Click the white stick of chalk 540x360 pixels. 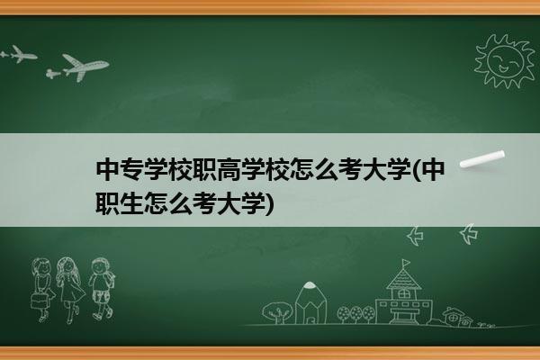point(481,159)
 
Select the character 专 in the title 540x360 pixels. point(132,170)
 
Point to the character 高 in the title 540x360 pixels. point(229,170)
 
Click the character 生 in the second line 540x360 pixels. point(132,203)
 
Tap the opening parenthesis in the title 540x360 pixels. point(417,170)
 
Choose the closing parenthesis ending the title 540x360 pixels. point(271,203)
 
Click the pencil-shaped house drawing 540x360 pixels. point(311,302)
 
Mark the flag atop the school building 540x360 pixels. point(406,263)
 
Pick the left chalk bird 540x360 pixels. point(415,236)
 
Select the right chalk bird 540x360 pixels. point(469,234)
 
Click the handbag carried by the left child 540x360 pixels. point(39,301)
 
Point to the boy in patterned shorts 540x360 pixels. point(101,288)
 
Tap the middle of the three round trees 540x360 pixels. point(356,314)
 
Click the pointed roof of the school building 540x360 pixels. point(403,279)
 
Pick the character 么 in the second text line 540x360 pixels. point(180,203)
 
